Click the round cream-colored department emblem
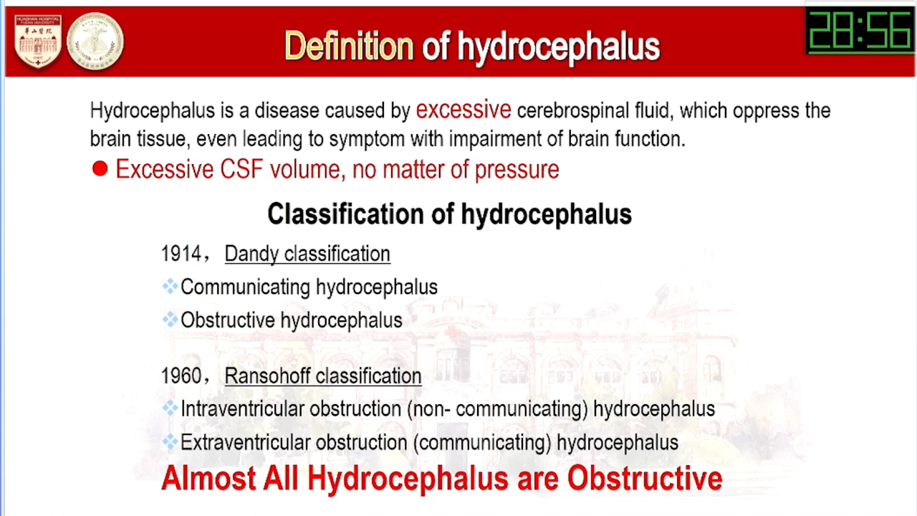[95, 42]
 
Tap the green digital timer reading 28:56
[860, 30]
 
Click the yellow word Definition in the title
[349, 47]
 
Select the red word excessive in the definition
[464, 110]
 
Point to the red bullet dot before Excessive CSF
[100, 168]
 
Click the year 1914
[181, 254]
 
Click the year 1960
[181, 376]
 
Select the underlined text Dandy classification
[307, 254]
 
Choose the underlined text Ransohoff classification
[323, 376]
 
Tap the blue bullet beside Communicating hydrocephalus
[170, 286]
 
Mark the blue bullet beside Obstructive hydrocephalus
[170, 320]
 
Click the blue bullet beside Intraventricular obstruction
[170, 408]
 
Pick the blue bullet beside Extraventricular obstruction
[170, 442]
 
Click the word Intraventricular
[242, 408]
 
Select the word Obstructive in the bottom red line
[645, 478]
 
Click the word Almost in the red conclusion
[208, 478]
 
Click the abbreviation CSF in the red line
[241, 169]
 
